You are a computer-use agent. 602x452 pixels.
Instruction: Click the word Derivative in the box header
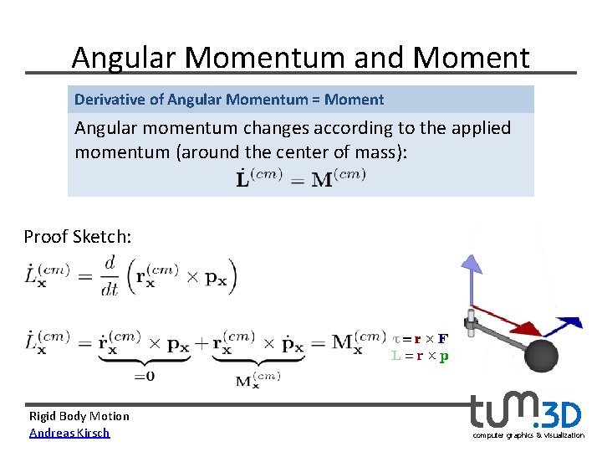point(110,100)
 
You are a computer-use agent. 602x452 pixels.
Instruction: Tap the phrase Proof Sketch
point(77,237)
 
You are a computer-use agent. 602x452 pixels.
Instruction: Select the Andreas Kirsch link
point(69,433)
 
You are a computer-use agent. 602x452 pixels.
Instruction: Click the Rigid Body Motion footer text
point(79,416)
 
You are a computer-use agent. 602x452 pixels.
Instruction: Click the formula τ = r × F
point(420,339)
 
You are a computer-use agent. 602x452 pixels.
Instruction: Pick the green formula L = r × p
point(420,356)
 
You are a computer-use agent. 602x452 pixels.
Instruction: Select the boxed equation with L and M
point(298,177)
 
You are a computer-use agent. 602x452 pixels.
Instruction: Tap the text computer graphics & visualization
point(528,435)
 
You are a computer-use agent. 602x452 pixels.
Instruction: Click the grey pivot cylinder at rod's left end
point(471,324)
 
